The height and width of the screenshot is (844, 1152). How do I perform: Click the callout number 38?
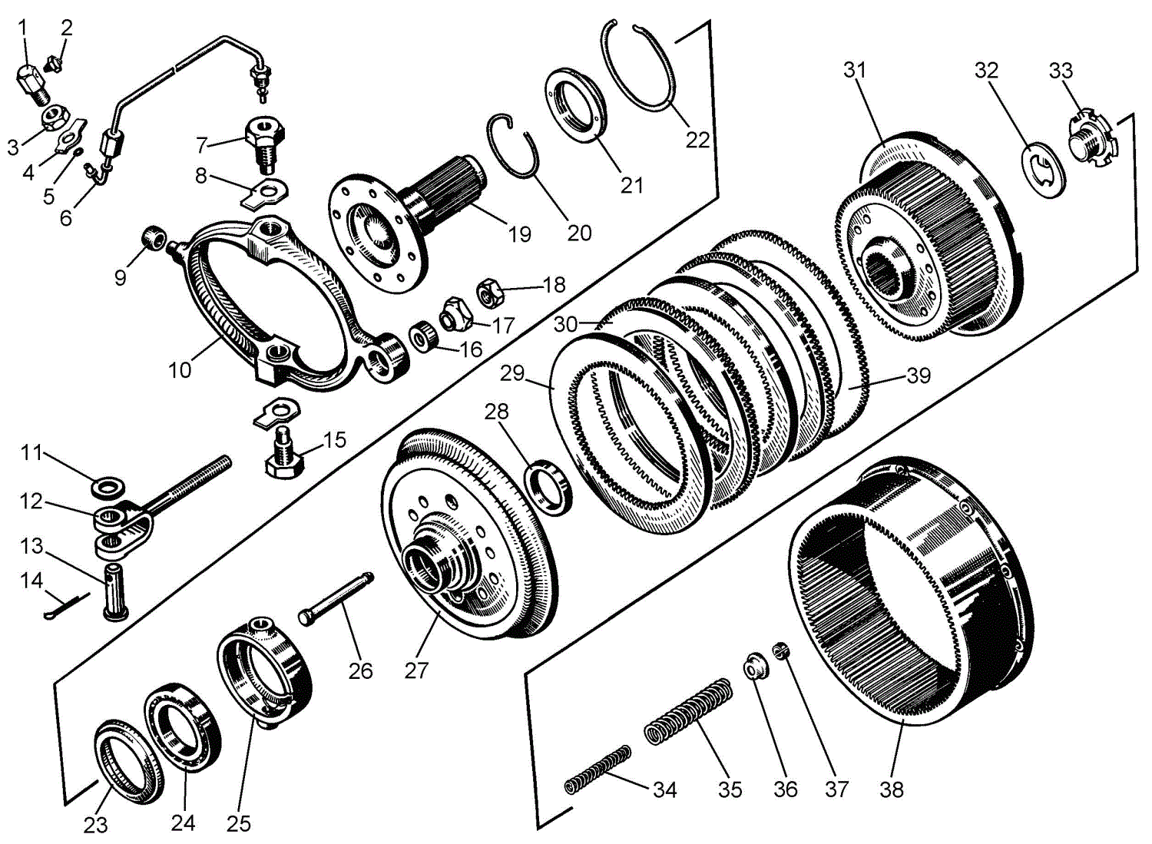point(891,789)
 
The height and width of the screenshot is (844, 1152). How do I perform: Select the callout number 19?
point(520,234)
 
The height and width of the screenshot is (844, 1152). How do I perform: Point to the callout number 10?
point(180,369)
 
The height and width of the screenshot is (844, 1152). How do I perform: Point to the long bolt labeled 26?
point(336,600)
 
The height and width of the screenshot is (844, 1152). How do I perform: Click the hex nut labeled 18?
point(489,292)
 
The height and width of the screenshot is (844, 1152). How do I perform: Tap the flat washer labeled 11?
point(108,486)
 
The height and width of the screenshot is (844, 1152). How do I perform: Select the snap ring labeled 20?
point(512,146)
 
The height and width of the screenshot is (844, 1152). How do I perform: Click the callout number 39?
point(919,375)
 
